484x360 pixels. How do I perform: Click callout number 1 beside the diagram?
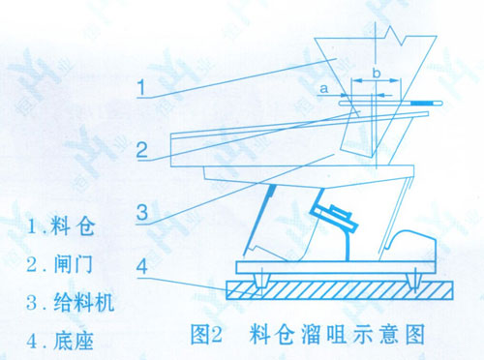(x=141, y=87)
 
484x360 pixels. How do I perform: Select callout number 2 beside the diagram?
(x=142, y=150)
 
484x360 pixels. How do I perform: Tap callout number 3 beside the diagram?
(x=142, y=212)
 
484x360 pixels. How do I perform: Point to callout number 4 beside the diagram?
(x=142, y=266)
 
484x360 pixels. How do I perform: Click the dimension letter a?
(x=323, y=88)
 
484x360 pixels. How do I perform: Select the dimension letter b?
(x=377, y=74)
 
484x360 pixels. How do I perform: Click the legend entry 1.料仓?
(x=61, y=225)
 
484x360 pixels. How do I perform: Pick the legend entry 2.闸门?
(x=60, y=264)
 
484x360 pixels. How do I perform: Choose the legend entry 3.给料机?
(x=71, y=302)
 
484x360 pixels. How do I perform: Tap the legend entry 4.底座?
(x=60, y=341)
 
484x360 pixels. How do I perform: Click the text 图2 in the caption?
(x=206, y=335)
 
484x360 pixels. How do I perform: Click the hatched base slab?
(x=340, y=290)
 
